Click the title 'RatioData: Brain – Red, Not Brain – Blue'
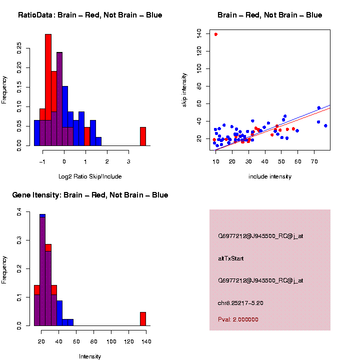(x=90, y=15)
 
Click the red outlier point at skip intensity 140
(x=215, y=34)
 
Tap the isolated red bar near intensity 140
(x=142, y=318)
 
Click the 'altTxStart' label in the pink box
(x=230, y=258)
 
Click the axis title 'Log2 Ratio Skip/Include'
(x=90, y=176)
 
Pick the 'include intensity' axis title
(x=270, y=176)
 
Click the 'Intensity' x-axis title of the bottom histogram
(x=90, y=356)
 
